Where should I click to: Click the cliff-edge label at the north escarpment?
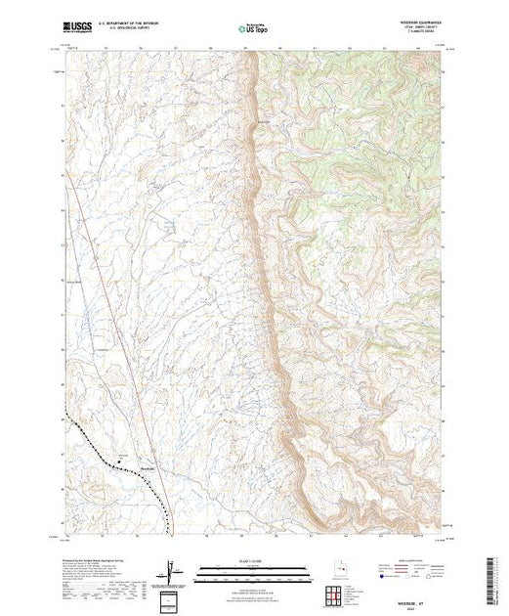tap(262, 121)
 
